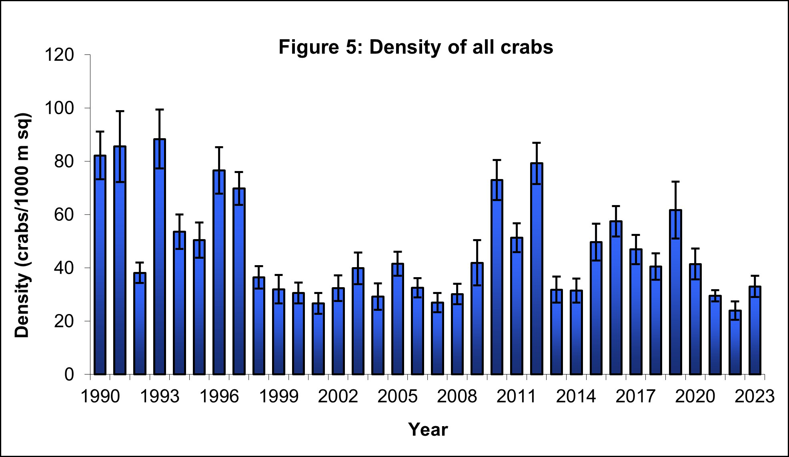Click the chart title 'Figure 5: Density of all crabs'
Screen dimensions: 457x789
click(x=416, y=47)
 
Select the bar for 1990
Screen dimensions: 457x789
click(x=100, y=264)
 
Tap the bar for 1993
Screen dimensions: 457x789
click(x=160, y=256)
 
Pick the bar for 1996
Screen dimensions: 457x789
click(x=219, y=272)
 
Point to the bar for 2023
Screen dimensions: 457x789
click(x=755, y=330)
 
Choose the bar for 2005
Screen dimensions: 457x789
click(x=398, y=319)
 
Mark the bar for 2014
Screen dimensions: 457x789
click(x=576, y=332)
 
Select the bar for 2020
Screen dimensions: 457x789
click(x=695, y=319)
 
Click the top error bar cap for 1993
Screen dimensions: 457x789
click(x=160, y=109)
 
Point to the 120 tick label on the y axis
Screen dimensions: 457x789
click(x=59, y=55)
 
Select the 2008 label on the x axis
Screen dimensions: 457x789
click(x=457, y=397)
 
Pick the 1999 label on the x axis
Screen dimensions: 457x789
click(x=279, y=397)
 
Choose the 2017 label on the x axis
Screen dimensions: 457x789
click(x=635, y=397)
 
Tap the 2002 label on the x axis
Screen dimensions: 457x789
click(x=338, y=397)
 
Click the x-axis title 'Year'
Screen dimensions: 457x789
click(x=428, y=429)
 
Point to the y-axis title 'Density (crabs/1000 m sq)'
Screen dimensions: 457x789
click(x=23, y=225)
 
